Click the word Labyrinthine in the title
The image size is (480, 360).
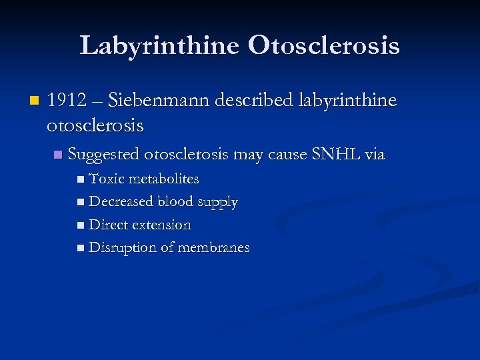click(159, 46)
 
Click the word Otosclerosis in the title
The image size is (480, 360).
click(324, 46)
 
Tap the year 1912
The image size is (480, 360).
click(67, 101)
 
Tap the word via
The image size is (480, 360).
click(375, 155)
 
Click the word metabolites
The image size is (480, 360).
click(163, 179)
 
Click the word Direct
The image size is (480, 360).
click(109, 225)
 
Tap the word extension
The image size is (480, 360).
click(163, 225)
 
